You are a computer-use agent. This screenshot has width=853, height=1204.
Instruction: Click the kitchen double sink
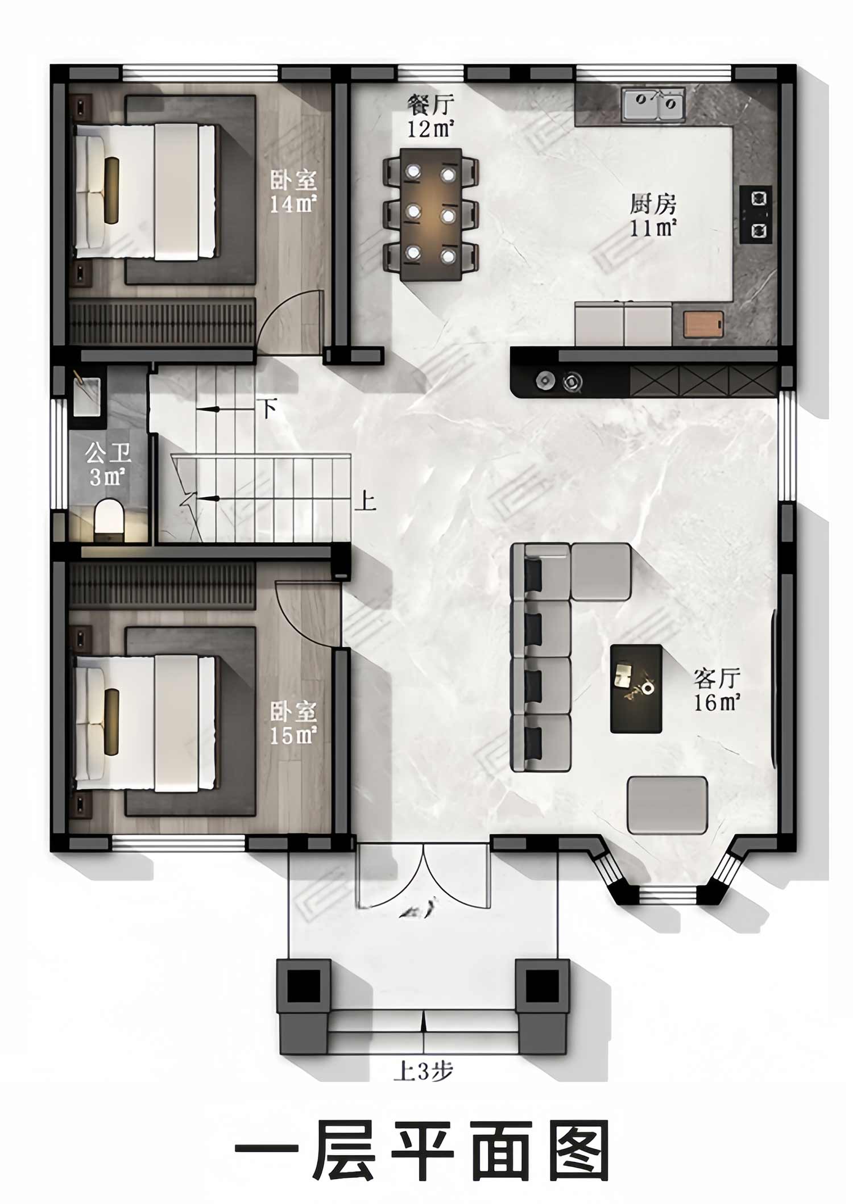[653, 104]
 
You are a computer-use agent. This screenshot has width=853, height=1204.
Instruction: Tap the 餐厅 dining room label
[430, 105]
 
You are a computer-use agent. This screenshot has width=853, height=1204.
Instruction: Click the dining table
[430, 214]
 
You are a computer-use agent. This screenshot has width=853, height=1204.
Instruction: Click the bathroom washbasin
[86, 396]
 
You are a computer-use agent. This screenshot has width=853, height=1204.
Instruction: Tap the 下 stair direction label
[268, 408]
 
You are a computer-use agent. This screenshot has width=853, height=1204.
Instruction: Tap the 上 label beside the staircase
[365, 501]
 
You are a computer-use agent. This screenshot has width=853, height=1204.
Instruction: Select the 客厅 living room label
[717, 678]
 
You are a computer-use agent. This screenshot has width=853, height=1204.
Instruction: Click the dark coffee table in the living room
[636, 689]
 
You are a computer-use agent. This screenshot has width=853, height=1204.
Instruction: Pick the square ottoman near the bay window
[667, 805]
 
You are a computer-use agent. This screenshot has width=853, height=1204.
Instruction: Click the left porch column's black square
[304, 986]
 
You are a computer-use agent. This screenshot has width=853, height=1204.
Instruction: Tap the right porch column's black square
[542, 986]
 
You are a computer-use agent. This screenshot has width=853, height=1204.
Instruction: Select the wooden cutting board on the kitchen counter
[703, 324]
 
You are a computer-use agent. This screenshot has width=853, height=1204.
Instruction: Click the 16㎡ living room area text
[717, 703]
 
